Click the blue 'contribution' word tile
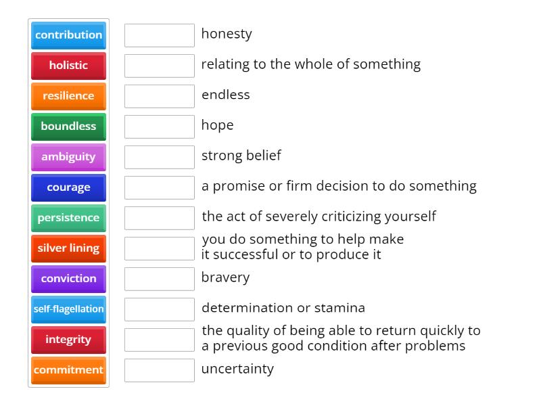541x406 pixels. tap(68, 35)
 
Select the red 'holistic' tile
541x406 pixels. tap(68, 66)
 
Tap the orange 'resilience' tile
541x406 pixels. tap(68, 96)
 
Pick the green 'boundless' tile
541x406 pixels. tap(68, 127)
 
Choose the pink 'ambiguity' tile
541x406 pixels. tap(68, 157)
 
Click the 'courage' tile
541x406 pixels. tap(68, 187)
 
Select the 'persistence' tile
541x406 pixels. tap(68, 218)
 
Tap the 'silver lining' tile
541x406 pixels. tap(68, 248)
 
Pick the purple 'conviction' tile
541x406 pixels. tap(68, 279)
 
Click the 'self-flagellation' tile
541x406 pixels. tap(68, 309)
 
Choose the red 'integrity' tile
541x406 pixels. tap(68, 340)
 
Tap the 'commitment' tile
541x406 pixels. tap(68, 370)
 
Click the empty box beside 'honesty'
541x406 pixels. tap(160, 35)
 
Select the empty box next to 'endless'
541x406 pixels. tap(160, 96)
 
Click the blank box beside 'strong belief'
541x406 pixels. tap(160, 157)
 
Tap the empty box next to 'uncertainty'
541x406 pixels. tap(160, 370)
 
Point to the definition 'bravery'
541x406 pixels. tap(225, 277)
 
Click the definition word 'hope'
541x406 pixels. tap(217, 125)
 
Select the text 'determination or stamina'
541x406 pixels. tap(283, 308)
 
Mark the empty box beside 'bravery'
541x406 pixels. tap(160, 279)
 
